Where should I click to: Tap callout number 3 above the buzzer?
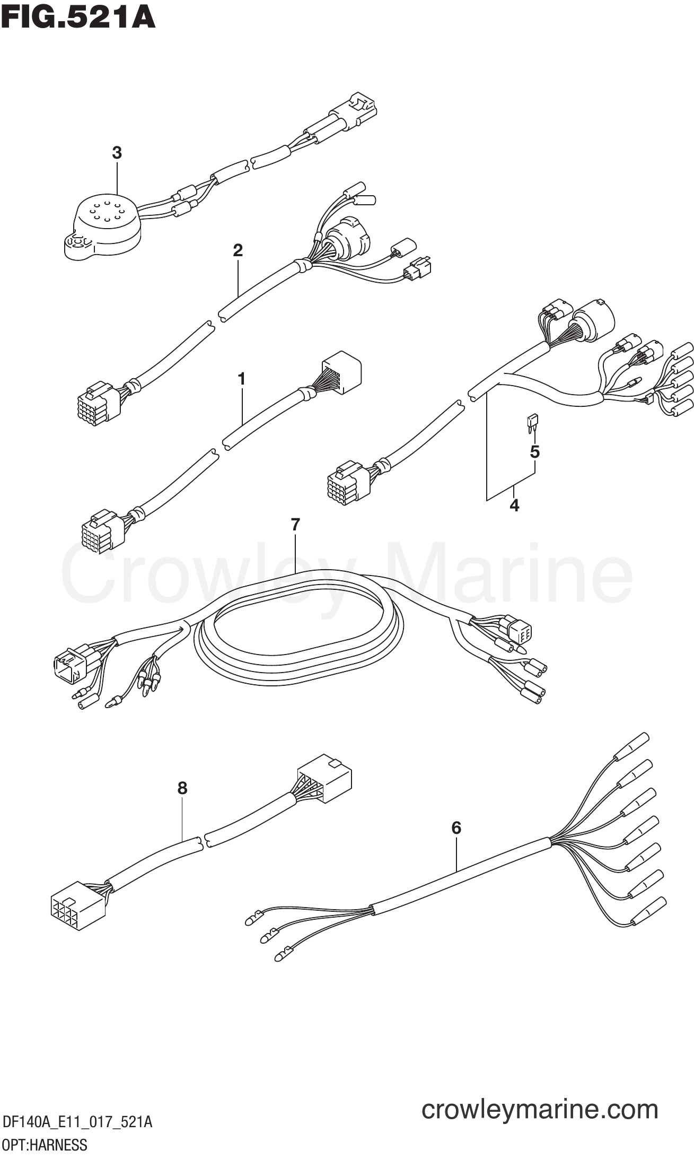tap(117, 153)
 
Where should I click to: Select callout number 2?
tap(238, 250)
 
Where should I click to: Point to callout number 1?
tap(241, 379)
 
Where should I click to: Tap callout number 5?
tap(534, 452)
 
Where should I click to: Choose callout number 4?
tap(514, 506)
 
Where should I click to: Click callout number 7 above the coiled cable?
tap(295, 525)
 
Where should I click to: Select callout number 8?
tap(182, 788)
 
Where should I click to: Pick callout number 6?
tap(456, 827)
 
